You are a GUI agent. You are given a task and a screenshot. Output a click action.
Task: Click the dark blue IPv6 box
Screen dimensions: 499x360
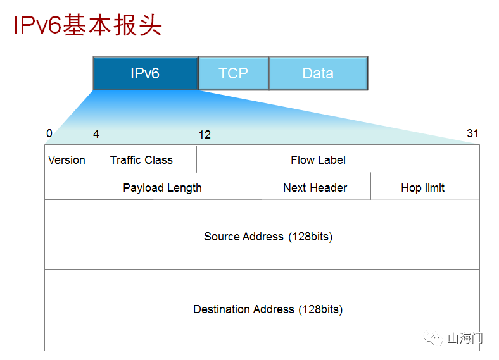click(x=145, y=73)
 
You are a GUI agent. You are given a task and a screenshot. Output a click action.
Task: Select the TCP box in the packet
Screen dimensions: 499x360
click(x=233, y=73)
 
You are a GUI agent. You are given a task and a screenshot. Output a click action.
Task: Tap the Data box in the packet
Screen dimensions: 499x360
click(x=318, y=73)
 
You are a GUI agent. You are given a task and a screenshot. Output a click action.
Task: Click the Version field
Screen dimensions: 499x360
click(x=66, y=159)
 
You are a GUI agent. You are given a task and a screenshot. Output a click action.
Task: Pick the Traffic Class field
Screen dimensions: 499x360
click(x=141, y=159)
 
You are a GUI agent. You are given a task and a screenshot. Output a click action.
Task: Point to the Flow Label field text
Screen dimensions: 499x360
click(x=318, y=159)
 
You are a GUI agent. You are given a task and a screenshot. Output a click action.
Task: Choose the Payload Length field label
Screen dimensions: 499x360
click(x=162, y=188)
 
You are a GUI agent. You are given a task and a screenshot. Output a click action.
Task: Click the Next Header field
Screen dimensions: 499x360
click(x=315, y=188)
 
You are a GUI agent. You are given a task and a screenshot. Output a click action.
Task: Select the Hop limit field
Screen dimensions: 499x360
click(x=422, y=188)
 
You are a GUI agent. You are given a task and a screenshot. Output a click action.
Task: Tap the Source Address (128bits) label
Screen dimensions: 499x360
click(x=268, y=237)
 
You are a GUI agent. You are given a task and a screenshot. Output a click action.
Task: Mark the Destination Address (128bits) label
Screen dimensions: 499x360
click(x=268, y=309)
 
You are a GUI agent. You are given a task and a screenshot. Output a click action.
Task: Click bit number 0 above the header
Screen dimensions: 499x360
click(x=49, y=133)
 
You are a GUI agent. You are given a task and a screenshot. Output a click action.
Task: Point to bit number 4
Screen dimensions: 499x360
click(x=96, y=134)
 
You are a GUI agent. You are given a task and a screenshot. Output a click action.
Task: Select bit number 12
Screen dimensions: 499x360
click(x=205, y=135)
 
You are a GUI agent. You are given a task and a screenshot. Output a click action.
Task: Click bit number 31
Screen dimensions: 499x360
click(x=472, y=133)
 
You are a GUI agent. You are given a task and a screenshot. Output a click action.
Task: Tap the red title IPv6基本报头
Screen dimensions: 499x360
click(x=88, y=25)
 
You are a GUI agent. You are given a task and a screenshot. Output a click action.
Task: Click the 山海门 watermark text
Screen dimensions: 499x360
click(x=465, y=338)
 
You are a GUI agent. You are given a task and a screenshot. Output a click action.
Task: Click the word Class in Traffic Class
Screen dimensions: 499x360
click(x=158, y=159)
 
